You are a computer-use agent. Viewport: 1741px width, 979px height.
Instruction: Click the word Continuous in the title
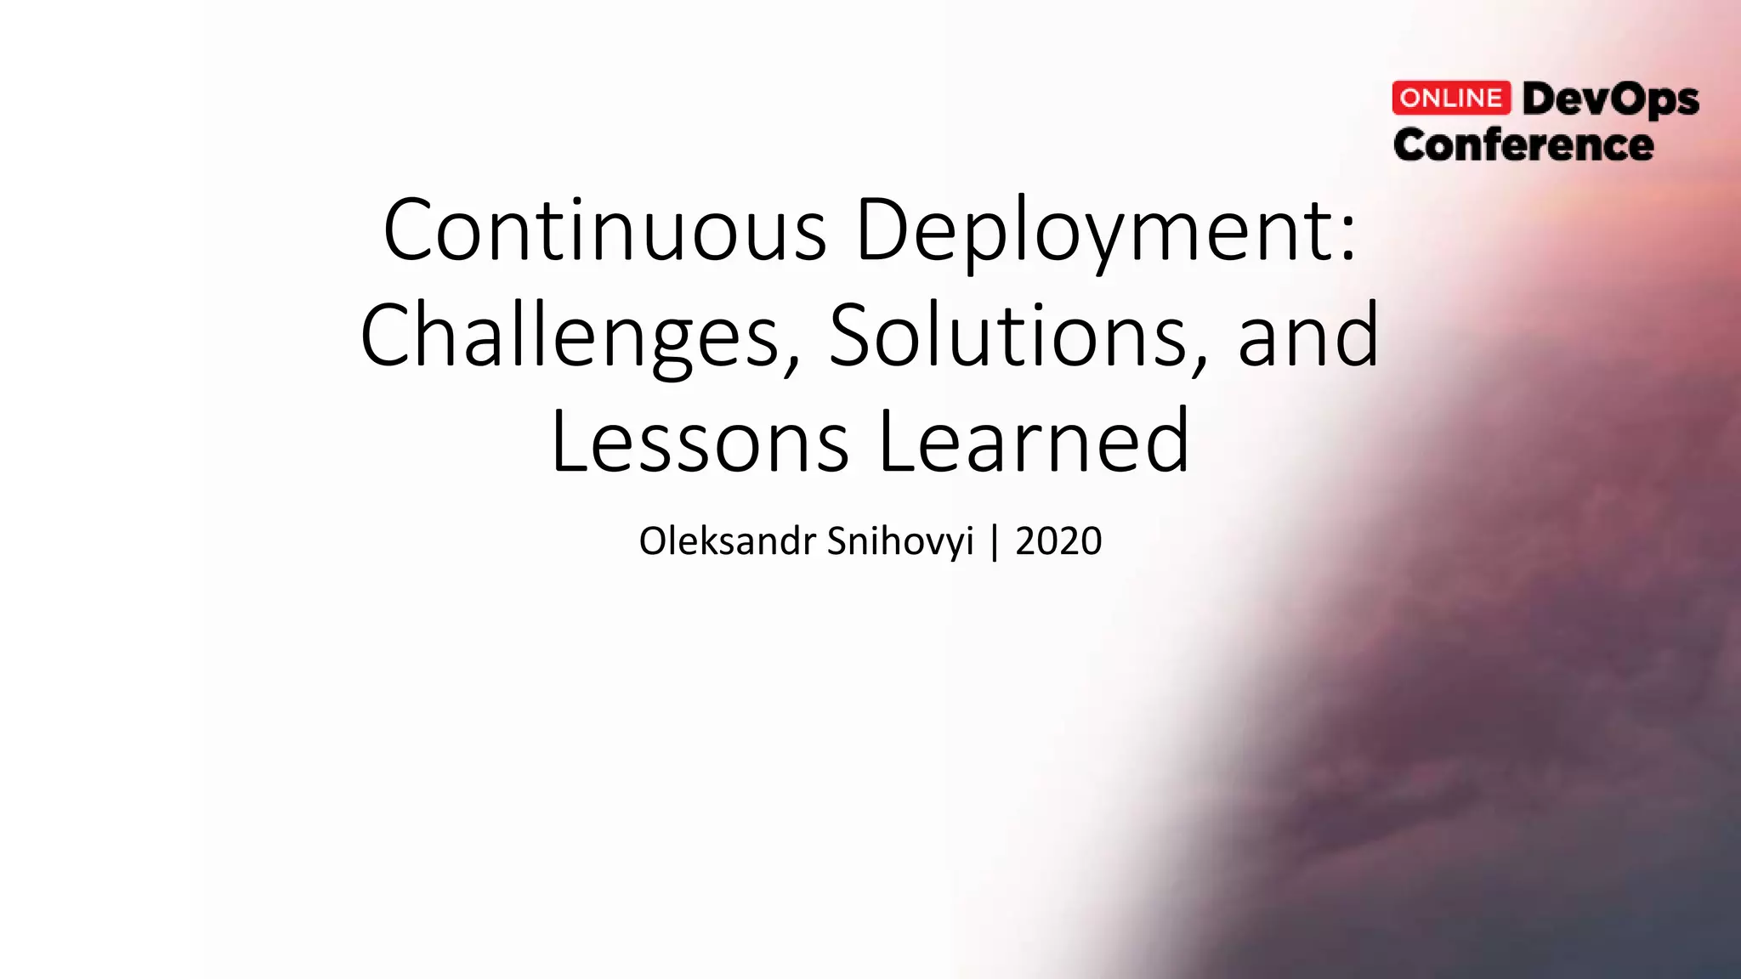point(604,229)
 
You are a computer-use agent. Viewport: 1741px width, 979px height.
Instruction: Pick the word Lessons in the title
point(700,442)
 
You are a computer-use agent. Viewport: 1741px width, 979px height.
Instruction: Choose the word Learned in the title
point(1033,442)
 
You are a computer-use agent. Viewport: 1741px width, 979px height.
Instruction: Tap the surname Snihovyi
point(900,541)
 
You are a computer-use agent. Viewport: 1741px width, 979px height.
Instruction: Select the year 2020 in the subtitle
point(1058,541)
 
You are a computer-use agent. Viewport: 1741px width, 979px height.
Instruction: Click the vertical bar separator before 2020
point(995,541)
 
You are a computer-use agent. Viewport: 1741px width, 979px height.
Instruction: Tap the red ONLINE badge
point(1451,99)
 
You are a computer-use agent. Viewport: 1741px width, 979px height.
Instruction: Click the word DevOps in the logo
point(1610,100)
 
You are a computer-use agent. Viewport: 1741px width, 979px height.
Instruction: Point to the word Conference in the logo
point(1523,145)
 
